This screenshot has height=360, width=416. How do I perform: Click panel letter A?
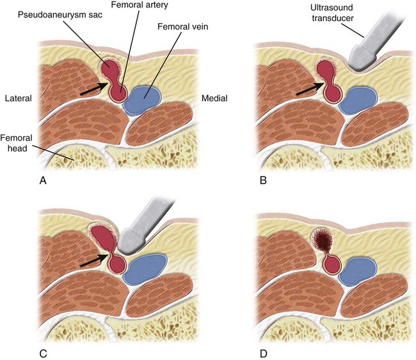point(44,180)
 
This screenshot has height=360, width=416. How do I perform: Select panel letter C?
point(44,350)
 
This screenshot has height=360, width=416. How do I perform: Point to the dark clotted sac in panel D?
point(323,243)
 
